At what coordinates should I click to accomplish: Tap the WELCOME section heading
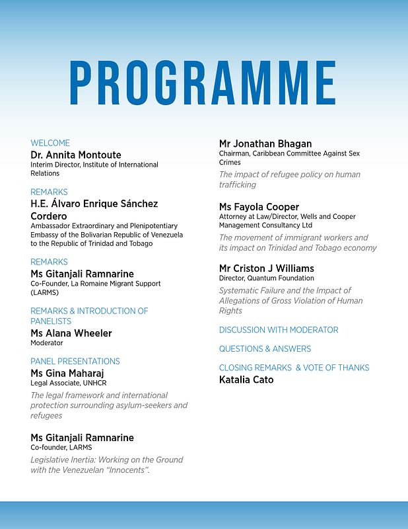point(50,143)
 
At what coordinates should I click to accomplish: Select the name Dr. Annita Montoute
point(76,155)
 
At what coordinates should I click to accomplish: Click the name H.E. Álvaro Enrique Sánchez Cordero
point(94,210)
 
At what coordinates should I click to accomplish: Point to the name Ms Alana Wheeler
point(71,333)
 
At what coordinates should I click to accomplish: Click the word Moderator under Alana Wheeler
point(47,343)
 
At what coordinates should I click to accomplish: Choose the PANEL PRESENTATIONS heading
point(75,361)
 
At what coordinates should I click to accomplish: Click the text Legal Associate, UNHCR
point(63,383)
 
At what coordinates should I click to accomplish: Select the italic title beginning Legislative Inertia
point(107,465)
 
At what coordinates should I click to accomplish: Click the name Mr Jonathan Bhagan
point(265,143)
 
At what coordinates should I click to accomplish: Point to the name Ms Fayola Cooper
point(259,207)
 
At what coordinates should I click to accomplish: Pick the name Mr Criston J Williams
point(267,268)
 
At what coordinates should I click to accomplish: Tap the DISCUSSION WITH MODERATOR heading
point(279,330)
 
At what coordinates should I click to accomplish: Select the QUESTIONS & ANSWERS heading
point(265,348)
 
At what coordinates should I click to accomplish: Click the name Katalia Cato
point(246,380)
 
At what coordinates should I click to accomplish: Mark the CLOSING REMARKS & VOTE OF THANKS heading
point(294,368)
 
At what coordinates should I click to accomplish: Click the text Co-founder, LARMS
point(58,448)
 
